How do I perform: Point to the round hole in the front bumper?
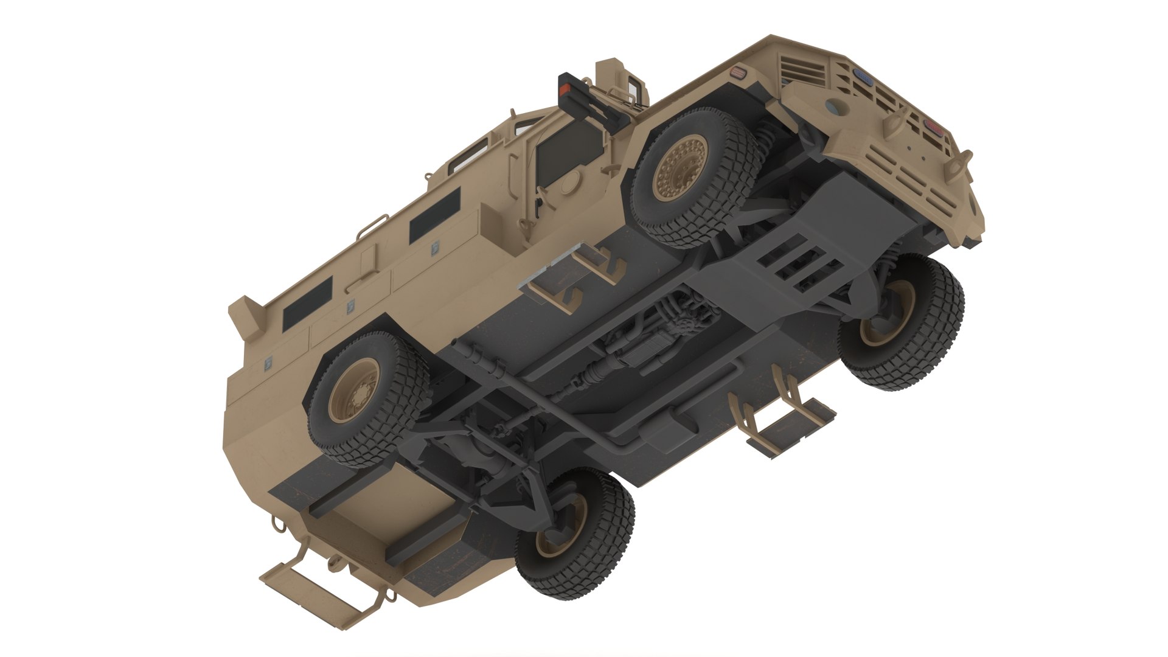click(x=841, y=108)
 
